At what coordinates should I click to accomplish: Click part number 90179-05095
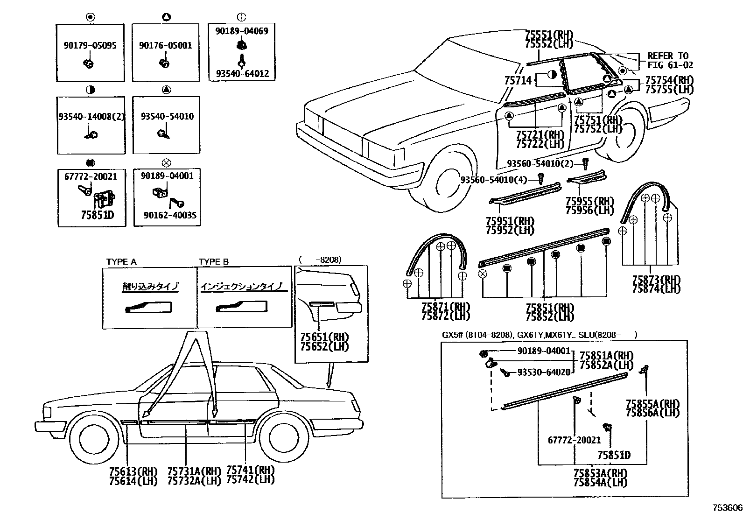(90, 46)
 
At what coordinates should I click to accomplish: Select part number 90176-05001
(165, 46)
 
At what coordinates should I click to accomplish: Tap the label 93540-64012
(242, 74)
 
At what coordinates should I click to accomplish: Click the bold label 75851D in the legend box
(97, 215)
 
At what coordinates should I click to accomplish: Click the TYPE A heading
(121, 262)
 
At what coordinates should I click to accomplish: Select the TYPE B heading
(214, 262)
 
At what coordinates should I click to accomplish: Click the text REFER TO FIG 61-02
(670, 61)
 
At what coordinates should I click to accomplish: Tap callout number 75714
(518, 80)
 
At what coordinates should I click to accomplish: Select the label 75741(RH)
(250, 470)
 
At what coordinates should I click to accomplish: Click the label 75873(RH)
(656, 280)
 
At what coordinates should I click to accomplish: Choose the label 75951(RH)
(510, 221)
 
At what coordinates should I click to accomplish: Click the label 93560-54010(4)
(494, 179)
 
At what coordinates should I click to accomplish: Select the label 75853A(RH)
(601, 473)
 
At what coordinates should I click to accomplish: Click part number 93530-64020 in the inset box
(544, 372)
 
